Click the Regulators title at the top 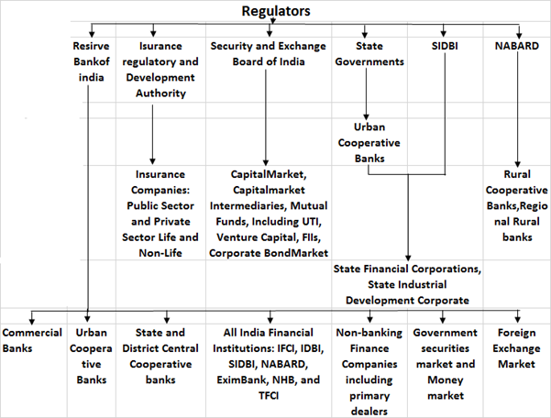(x=276, y=11)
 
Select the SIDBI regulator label (x=445, y=46)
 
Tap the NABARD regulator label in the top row (x=516, y=46)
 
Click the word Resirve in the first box (x=91, y=46)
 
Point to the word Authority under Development (x=160, y=93)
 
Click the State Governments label (x=369, y=54)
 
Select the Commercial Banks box (x=32, y=340)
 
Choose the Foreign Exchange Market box (x=516, y=348)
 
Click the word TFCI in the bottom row (x=269, y=396)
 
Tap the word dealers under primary (x=369, y=412)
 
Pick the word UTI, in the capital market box (x=312, y=222)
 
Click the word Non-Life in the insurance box (x=160, y=253)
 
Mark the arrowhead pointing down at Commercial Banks (x=32, y=321)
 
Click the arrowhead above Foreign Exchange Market (x=518, y=319)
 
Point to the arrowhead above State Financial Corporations (x=408, y=258)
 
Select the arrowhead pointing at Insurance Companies (x=152, y=161)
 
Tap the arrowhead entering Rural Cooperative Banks (x=517, y=164)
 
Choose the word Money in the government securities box (x=446, y=380)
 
